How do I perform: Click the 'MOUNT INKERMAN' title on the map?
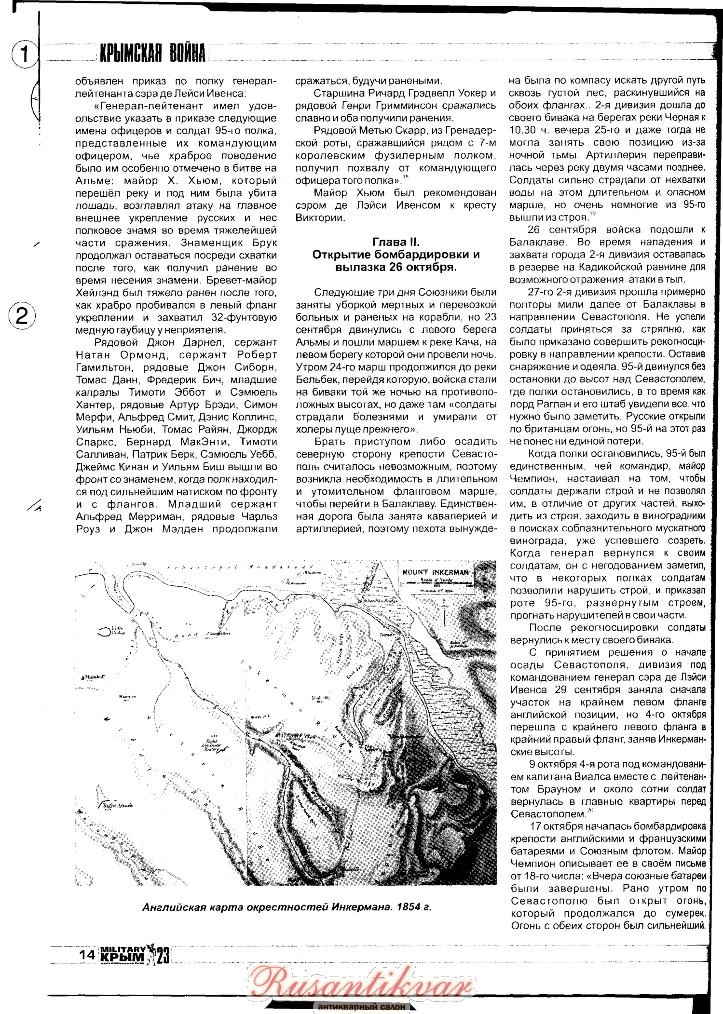click(436, 572)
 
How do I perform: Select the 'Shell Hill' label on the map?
click(320, 698)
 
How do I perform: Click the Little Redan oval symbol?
click(105, 631)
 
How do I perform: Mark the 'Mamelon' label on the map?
click(127, 696)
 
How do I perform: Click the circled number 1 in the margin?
click(23, 54)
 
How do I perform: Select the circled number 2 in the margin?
click(22, 316)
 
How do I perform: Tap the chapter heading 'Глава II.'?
click(396, 242)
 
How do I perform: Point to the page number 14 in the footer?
click(87, 954)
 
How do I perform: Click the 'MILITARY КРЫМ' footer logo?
click(123, 955)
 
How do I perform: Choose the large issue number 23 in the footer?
click(163, 955)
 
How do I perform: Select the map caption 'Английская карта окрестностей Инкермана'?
click(286, 906)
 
